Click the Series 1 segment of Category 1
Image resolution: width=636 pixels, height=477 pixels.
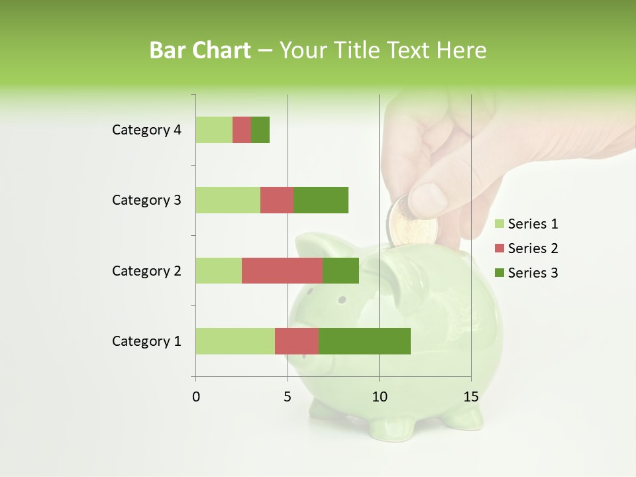[235, 341]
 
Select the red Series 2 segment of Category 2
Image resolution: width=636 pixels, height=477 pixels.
[282, 270]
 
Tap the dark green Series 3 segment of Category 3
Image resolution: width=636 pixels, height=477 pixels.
[321, 200]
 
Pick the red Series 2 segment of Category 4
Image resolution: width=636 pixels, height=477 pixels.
[242, 130]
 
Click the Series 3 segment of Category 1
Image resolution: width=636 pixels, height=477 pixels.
[364, 341]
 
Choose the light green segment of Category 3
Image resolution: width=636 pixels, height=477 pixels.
[228, 200]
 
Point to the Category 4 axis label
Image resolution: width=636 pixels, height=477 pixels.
[146, 130]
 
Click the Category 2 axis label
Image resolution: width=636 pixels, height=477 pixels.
[146, 271]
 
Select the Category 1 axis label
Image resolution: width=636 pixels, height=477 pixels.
[146, 341]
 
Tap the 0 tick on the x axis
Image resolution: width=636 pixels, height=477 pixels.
[196, 397]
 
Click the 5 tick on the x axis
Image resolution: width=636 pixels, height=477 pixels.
[288, 397]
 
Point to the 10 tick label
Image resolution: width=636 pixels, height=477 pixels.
[379, 397]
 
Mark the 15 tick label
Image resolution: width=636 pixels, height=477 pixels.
[470, 397]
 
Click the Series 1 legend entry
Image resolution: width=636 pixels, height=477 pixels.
[527, 224]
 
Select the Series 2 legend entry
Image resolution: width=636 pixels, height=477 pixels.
[527, 248]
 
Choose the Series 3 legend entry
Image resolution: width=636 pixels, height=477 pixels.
[527, 273]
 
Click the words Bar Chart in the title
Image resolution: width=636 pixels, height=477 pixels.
[200, 50]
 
